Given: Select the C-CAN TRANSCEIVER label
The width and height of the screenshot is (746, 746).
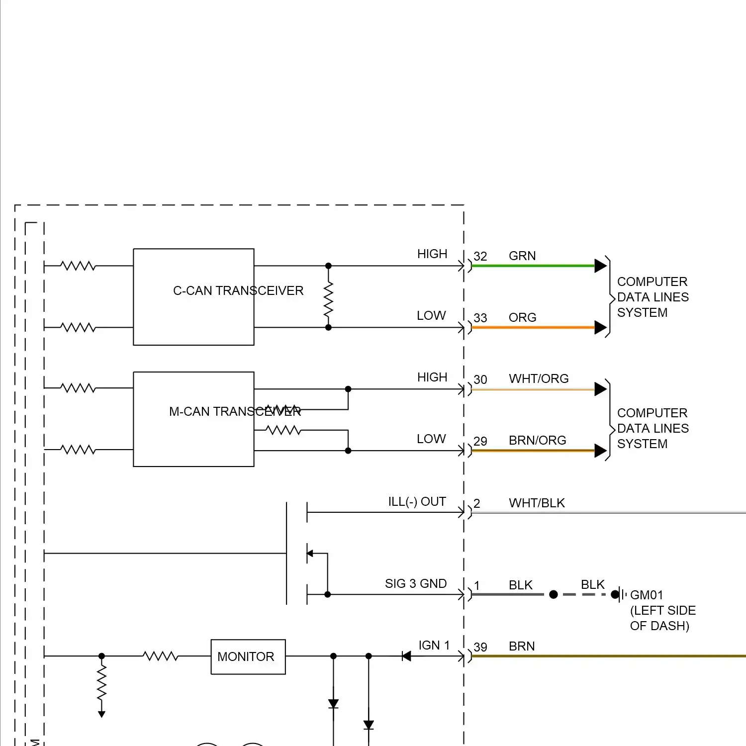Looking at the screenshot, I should tap(238, 290).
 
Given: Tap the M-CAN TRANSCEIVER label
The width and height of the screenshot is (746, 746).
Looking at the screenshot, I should tap(235, 412).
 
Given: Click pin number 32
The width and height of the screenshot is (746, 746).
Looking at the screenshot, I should tap(480, 256).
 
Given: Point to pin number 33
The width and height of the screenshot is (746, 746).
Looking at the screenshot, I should tap(480, 318).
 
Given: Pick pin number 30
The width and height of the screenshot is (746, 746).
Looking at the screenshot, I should tap(480, 379).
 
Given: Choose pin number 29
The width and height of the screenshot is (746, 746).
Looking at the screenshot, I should tap(480, 441).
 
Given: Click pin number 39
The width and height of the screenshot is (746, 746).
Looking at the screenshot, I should tap(480, 647).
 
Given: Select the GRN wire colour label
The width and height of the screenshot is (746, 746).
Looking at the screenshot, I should tap(522, 256).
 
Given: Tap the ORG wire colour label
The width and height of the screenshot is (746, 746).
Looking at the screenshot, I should tap(522, 317).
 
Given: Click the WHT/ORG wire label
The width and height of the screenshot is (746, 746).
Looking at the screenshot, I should tap(539, 378).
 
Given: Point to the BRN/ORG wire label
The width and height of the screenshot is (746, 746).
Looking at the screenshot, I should tap(537, 440).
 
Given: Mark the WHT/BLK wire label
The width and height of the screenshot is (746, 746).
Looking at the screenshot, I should tap(537, 503).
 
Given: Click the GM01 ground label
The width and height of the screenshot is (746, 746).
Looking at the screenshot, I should tap(647, 595).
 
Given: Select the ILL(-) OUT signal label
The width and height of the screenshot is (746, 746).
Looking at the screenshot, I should tap(417, 501).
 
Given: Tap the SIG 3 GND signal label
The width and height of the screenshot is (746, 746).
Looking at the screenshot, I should tap(416, 583).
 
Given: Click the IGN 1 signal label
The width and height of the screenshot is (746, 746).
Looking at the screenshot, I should tap(434, 645).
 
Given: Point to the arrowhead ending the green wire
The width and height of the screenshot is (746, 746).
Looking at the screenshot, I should tap(600, 266).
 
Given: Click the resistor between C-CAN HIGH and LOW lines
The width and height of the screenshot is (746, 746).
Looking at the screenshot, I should tap(328, 299).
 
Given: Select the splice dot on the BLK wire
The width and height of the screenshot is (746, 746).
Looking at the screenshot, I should tap(554, 594).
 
